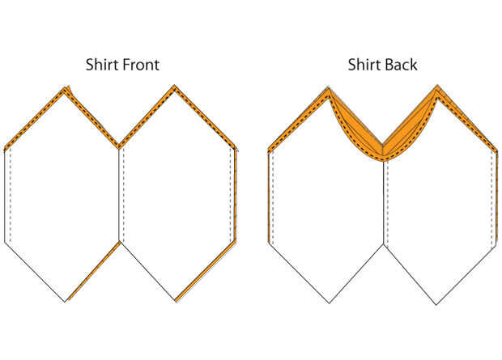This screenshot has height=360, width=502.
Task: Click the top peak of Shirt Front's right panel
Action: [x=175, y=86]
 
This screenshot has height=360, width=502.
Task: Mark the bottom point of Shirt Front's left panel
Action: [x=65, y=302]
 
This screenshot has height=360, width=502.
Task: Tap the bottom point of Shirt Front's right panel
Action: [x=176, y=302]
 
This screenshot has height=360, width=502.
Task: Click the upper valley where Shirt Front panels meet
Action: [x=120, y=147]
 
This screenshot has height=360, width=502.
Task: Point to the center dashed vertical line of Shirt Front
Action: [x=121, y=194]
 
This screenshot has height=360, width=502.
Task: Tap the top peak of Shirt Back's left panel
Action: [x=328, y=87]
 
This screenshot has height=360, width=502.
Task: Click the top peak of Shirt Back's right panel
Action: [x=438, y=85]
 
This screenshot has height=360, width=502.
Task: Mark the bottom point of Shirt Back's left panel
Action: [x=327, y=303]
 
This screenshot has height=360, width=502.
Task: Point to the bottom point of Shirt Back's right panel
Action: [x=437, y=304]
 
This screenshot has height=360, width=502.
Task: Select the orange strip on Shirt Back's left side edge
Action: [x=269, y=194]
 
